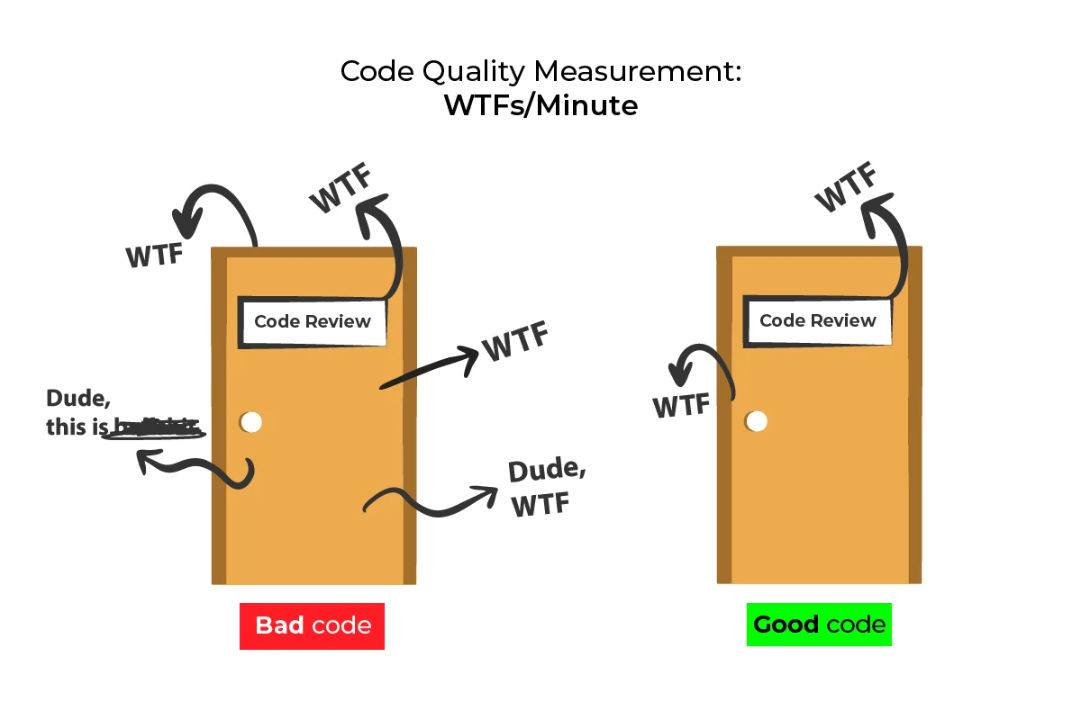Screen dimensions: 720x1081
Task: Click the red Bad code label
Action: (x=312, y=625)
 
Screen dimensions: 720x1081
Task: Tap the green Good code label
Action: (x=819, y=624)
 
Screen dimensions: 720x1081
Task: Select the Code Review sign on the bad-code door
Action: (x=313, y=321)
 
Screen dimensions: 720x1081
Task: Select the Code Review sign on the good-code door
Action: (x=818, y=320)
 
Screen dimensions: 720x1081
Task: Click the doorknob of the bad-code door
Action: (x=251, y=422)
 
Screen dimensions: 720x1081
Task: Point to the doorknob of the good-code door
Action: (x=757, y=421)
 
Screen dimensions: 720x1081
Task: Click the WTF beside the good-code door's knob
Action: (x=682, y=406)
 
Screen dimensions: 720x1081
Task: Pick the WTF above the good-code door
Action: (x=846, y=188)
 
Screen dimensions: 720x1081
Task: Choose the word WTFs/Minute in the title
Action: (x=540, y=105)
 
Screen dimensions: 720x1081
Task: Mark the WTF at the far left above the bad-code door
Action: (x=155, y=255)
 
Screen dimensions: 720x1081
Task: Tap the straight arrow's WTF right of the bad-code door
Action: (x=515, y=343)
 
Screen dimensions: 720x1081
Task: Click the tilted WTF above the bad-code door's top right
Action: (x=341, y=188)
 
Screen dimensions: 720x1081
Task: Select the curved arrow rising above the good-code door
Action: (x=888, y=243)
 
